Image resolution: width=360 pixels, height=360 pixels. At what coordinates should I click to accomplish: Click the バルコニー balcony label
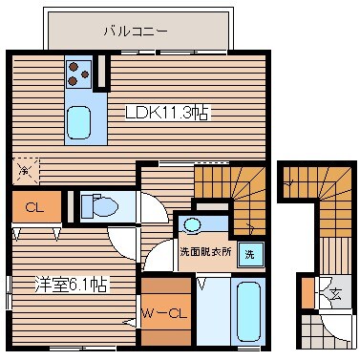point(136,31)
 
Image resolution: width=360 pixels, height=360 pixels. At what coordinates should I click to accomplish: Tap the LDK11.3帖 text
point(167,113)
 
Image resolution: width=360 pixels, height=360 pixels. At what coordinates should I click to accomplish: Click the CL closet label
point(32,206)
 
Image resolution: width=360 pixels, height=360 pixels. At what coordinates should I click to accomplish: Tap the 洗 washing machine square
point(248,255)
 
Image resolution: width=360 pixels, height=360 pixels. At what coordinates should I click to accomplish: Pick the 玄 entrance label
point(336,293)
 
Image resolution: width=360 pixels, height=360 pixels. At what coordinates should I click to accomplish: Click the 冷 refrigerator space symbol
point(24,171)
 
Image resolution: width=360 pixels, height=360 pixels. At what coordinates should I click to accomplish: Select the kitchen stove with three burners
point(78,73)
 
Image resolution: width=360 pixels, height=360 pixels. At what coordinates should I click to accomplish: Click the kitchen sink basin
point(78,122)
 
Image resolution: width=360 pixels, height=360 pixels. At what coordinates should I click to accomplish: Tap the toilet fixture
point(99,206)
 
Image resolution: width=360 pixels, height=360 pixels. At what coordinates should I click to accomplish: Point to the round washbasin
point(194,225)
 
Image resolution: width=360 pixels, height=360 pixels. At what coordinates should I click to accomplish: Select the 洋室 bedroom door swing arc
point(123,242)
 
